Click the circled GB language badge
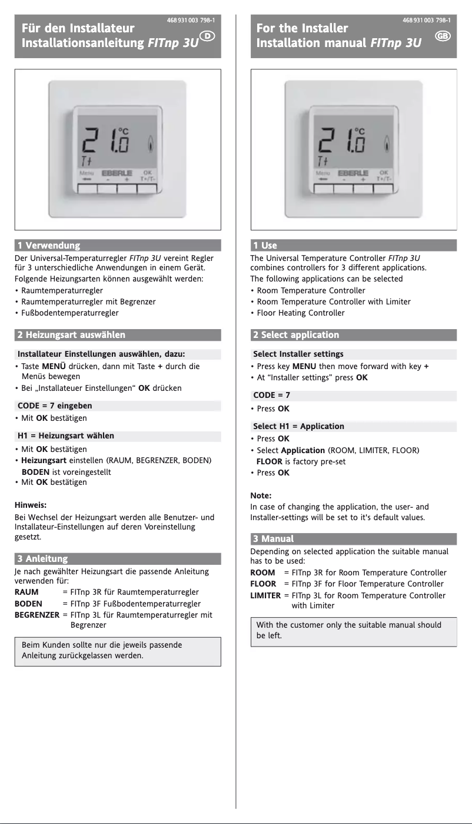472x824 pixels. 443,36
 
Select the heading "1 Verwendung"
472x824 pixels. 49,245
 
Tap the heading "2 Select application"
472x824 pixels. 296,335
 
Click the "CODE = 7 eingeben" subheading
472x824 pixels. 55,406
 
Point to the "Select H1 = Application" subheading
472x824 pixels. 298,426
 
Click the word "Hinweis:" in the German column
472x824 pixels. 30,504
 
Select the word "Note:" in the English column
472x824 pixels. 261,495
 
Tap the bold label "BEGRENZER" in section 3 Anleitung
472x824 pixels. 36,615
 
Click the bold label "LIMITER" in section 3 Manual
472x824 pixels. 265,595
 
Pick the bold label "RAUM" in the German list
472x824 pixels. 26,592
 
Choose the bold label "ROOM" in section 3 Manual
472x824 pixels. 262,572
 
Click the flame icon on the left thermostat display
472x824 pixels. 152,143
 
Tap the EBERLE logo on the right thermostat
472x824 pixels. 353,173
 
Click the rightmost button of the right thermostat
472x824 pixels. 383,189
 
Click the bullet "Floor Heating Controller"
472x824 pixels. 301,313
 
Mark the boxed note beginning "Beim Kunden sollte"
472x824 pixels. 118,650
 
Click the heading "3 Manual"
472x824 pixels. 273,538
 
